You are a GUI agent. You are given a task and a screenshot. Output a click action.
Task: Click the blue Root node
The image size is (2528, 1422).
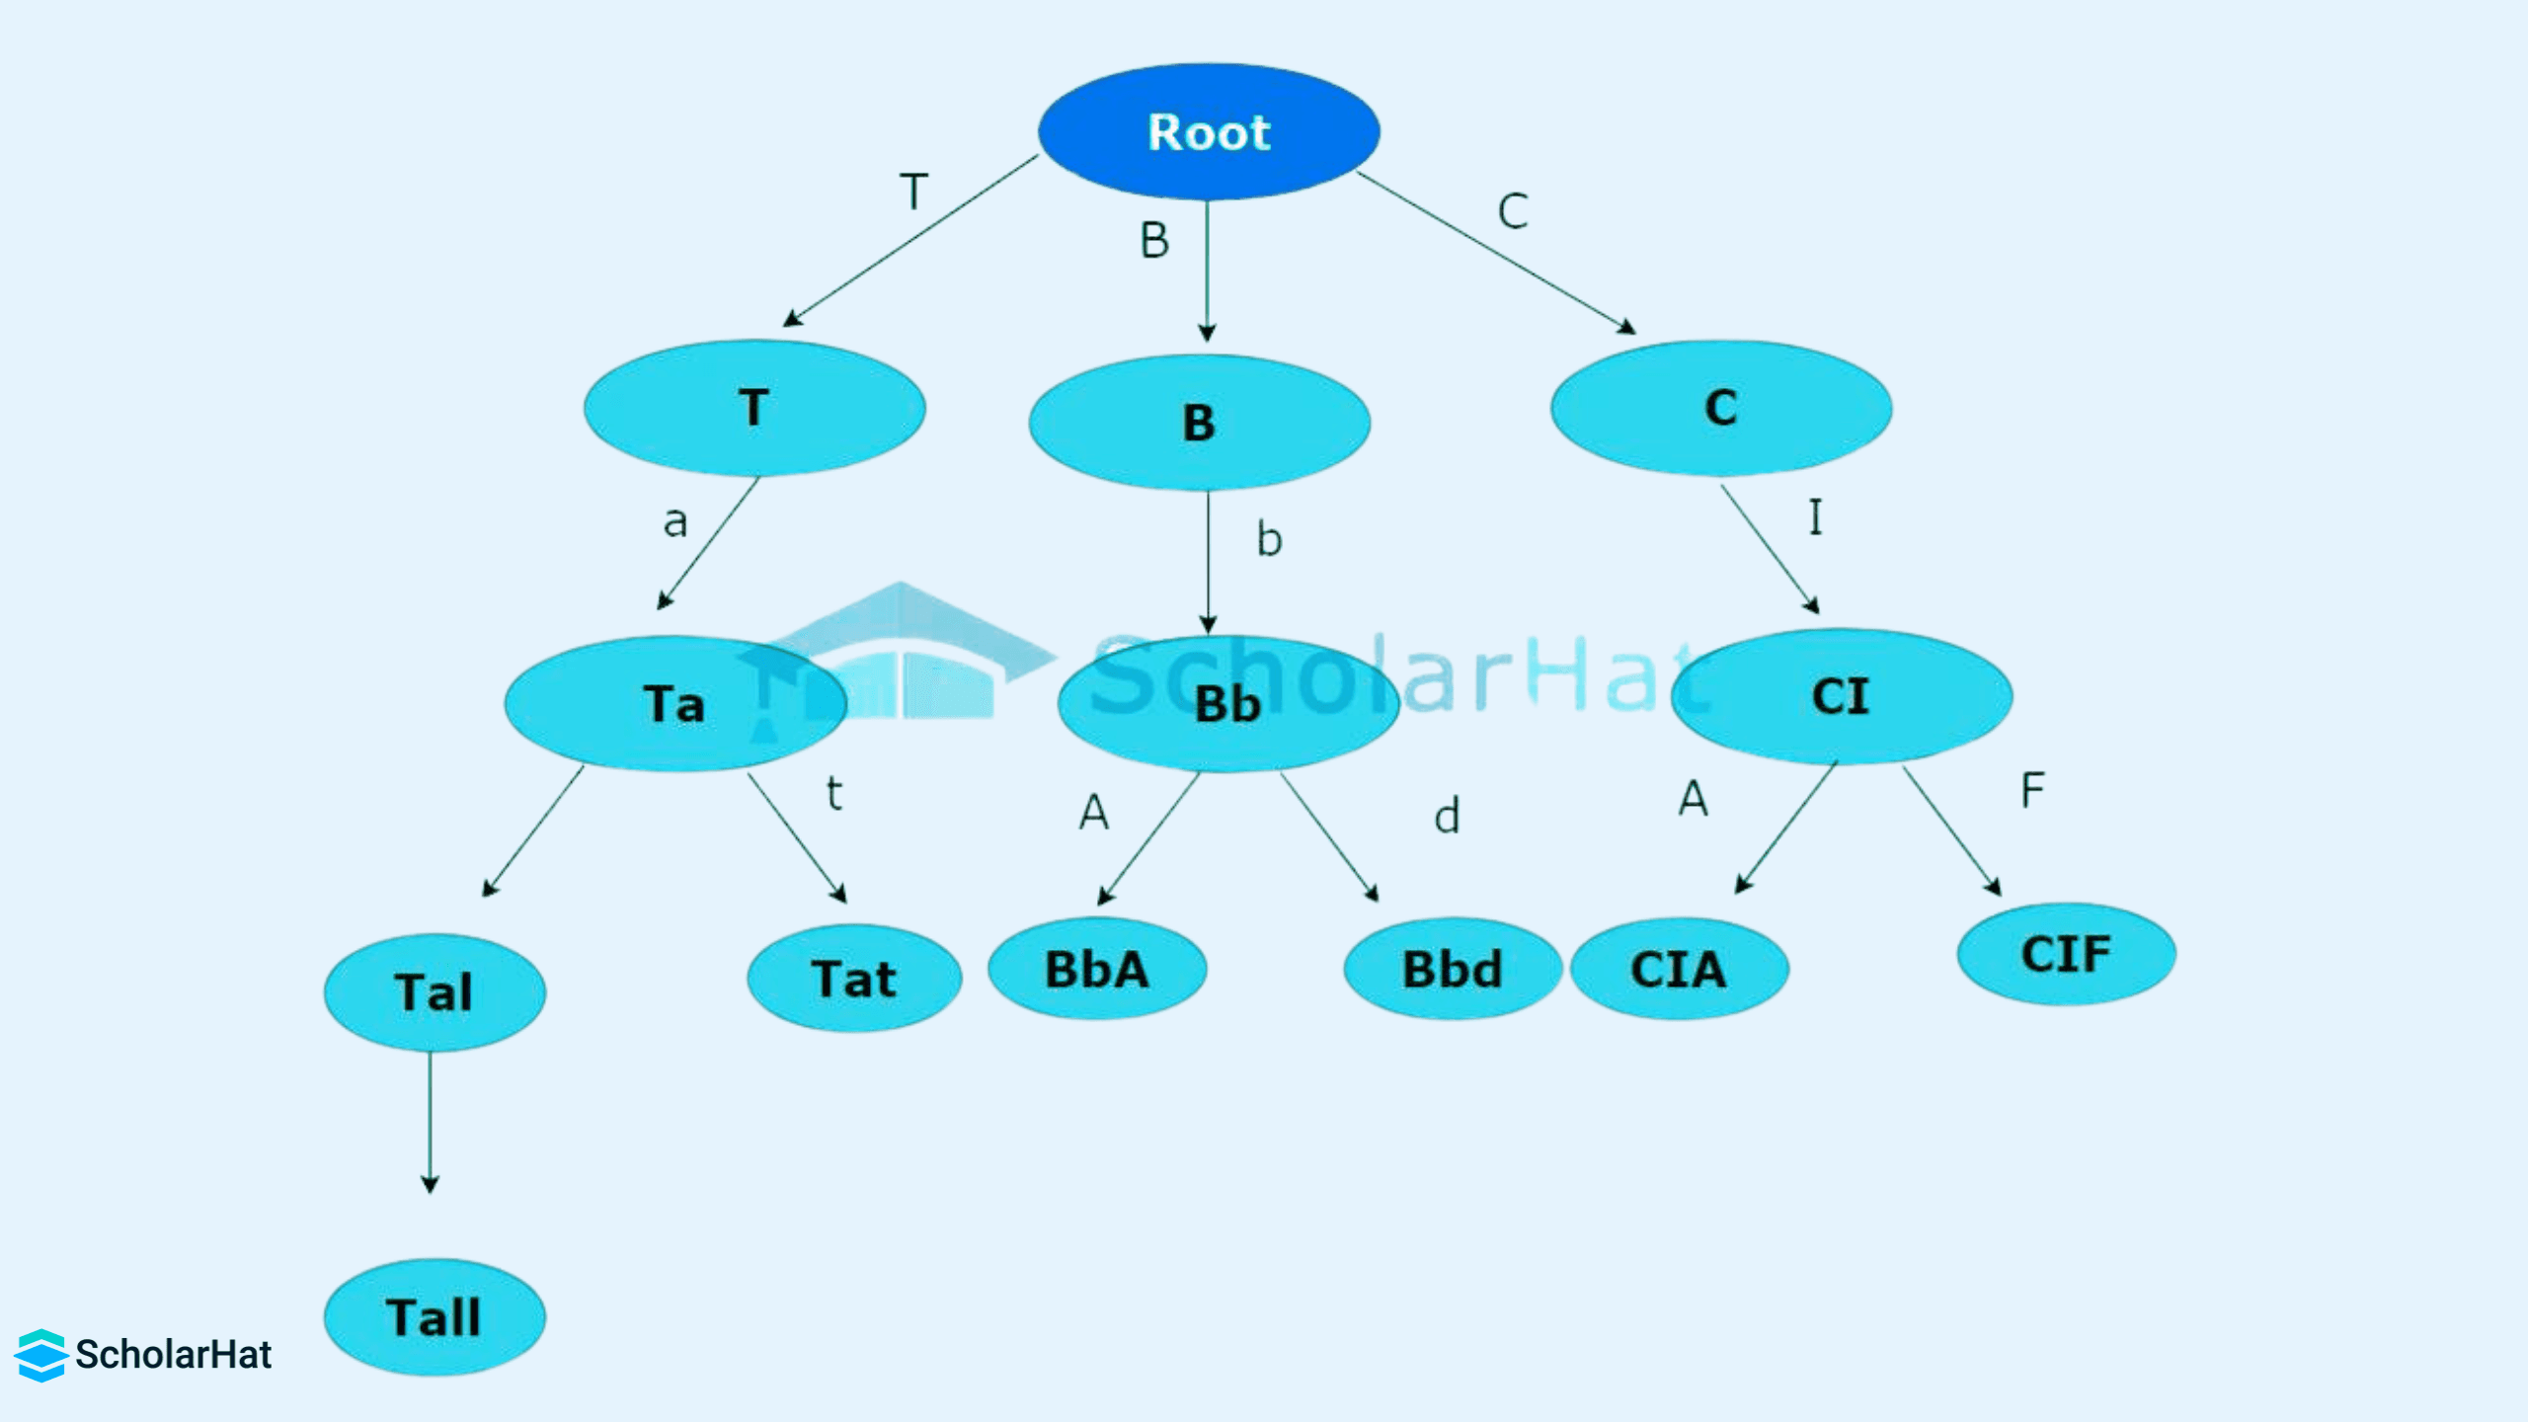1209,132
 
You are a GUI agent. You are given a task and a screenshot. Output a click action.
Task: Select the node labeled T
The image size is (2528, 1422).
754,408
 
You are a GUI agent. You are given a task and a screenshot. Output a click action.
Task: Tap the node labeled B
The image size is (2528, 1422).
1199,423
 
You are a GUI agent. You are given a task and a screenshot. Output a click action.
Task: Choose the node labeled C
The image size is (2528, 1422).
1721,408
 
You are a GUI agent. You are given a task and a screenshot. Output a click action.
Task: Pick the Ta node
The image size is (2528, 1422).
675,703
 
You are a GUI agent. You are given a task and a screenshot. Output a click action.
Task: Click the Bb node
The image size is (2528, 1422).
1228,703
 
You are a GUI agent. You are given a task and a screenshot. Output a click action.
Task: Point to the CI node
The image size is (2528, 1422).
1842,696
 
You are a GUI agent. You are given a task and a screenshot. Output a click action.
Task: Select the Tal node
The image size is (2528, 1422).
434,992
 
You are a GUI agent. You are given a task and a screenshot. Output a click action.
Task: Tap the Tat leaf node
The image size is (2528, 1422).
854,979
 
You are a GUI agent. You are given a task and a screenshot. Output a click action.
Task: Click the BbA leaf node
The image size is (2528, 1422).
1097,969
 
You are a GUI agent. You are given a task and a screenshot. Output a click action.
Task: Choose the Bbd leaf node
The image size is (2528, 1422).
1453,969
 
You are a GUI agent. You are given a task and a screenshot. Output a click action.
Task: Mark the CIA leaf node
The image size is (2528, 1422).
1679,969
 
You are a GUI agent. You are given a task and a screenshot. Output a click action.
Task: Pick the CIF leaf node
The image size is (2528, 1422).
2066,954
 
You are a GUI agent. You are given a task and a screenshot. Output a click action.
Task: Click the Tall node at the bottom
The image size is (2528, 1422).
434,1317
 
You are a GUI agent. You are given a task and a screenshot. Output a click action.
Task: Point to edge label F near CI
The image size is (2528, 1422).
2032,790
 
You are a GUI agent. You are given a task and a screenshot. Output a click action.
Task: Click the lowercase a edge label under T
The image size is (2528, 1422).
675,521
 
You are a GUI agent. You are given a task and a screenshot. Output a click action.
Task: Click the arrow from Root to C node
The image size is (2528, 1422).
1496,253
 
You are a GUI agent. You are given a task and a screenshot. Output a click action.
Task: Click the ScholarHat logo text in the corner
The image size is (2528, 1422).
173,1355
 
